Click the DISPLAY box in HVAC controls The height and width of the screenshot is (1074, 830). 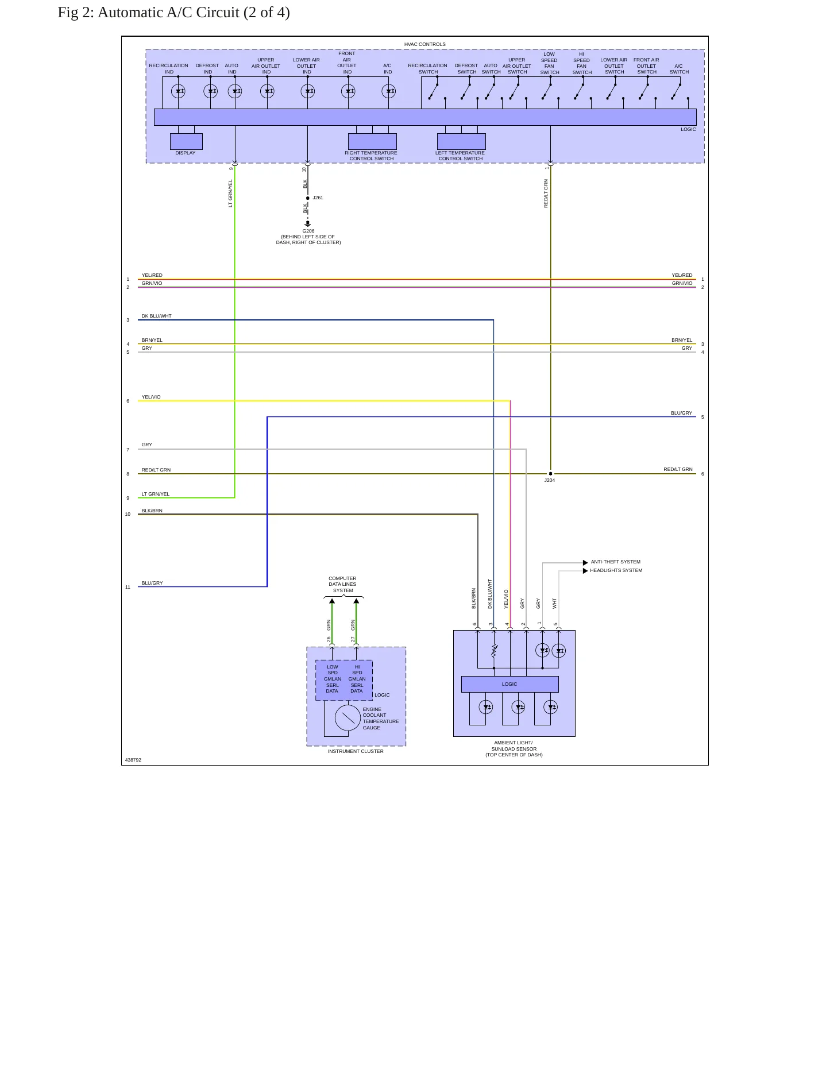click(x=186, y=141)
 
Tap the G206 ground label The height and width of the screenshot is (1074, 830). click(x=308, y=231)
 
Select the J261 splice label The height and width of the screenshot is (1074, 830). click(x=318, y=198)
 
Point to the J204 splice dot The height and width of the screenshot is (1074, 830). click(x=550, y=474)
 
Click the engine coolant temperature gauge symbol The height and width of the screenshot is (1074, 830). click(x=348, y=718)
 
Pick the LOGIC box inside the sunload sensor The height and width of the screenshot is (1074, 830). click(x=509, y=684)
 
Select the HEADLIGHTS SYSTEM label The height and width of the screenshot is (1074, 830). click(x=616, y=570)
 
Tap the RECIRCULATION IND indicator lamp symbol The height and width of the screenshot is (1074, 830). click(x=178, y=91)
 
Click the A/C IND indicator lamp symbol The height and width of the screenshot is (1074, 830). click(x=389, y=91)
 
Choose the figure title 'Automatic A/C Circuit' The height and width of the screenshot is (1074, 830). click(x=168, y=13)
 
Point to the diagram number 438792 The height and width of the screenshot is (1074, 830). click(x=133, y=760)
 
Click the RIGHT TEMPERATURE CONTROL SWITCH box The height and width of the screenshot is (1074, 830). click(x=372, y=141)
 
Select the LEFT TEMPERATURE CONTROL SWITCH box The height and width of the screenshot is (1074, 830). click(x=461, y=141)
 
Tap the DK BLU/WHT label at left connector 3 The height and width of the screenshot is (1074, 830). click(x=156, y=316)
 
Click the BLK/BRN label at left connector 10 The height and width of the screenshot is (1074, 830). click(x=152, y=511)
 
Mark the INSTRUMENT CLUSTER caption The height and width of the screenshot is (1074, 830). click(x=356, y=751)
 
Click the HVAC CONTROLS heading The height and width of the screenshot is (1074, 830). click(x=425, y=44)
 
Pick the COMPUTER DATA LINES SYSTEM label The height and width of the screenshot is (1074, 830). click(x=342, y=584)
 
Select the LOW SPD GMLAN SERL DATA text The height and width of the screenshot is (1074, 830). click(x=333, y=679)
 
